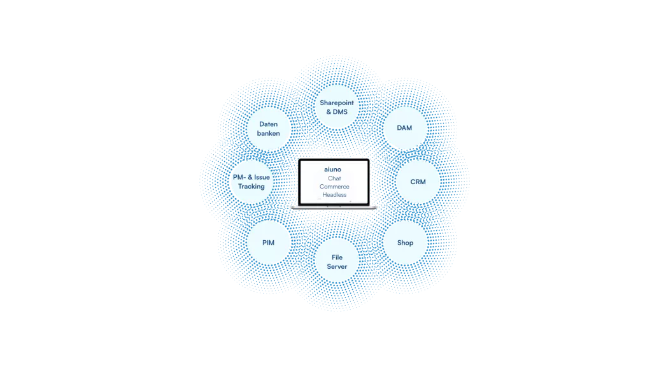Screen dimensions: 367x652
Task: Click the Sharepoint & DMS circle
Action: point(337,107)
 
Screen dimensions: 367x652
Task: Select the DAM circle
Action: point(404,128)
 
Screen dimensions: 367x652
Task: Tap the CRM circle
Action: point(418,182)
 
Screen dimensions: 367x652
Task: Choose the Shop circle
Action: point(405,243)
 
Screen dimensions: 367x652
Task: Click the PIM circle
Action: point(268,243)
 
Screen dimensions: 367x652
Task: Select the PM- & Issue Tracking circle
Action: point(252,182)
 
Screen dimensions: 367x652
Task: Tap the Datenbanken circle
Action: point(268,129)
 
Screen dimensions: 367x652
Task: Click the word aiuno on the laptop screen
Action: point(333,169)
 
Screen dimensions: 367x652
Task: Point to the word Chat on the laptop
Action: point(334,178)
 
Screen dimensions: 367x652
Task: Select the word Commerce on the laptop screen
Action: point(334,187)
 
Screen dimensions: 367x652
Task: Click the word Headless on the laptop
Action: point(334,195)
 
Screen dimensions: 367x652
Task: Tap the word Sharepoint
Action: point(337,103)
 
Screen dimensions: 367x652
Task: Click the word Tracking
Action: point(252,187)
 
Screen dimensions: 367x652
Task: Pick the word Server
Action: point(337,266)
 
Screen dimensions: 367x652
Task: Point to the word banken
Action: point(268,133)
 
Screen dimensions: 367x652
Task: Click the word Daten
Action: point(268,124)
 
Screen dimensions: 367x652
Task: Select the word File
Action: point(337,257)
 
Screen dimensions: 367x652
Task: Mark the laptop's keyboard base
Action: point(334,206)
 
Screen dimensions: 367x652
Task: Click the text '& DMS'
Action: point(337,112)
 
